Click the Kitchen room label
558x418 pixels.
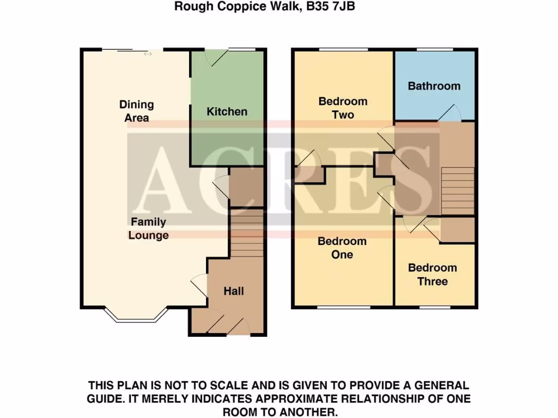(x=227, y=112)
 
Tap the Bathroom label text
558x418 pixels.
(x=434, y=86)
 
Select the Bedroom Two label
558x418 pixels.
(x=343, y=108)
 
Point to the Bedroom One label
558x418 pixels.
(x=342, y=248)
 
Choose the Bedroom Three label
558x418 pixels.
(x=432, y=274)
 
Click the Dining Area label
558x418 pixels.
(x=137, y=110)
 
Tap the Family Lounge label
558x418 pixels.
(x=148, y=229)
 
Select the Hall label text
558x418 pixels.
(x=233, y=291)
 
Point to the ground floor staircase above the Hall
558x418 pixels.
(x=247, y=234)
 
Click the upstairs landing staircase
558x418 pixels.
(x=457, y=190)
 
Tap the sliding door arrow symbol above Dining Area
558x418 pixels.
(x=148, y=54)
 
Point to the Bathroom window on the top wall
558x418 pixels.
(x=434, y=50)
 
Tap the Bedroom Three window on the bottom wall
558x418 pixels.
(x=434, y=308)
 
